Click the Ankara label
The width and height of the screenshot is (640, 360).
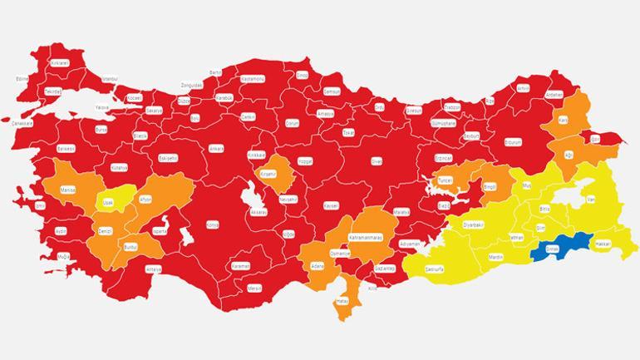[x=215, y=148]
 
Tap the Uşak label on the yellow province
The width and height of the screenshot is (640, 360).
[x=106, y=202]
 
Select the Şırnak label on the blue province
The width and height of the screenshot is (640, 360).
[x=550, y=247]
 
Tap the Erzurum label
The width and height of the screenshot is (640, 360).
[x=512, y=143]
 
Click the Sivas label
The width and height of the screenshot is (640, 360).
[x=376, y=160]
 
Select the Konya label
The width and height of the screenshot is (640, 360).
[x=212, y=224]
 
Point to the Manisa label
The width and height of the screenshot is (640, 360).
[x=68, y=190]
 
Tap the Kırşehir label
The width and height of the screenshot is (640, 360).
[x=268, y=174]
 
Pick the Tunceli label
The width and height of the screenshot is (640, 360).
[x=446, y=180]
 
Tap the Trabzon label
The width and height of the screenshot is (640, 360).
[x=452, y=107]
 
